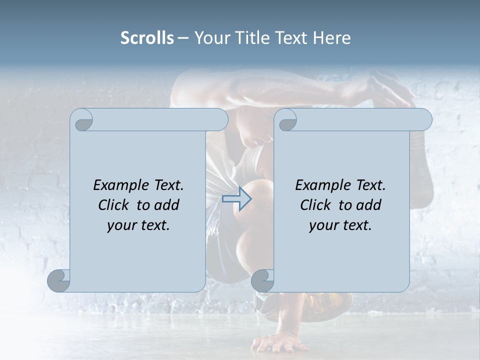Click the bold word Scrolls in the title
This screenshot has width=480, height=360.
(147, 38)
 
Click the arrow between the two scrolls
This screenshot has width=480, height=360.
(236, 199)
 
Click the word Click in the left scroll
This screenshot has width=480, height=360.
(115, 205)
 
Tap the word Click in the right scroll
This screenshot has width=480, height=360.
(317, 205)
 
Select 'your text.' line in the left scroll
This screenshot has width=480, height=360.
(138, 225)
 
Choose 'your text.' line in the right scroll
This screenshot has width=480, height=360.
(340, 225)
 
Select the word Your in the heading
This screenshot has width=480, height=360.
(210, 38)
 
